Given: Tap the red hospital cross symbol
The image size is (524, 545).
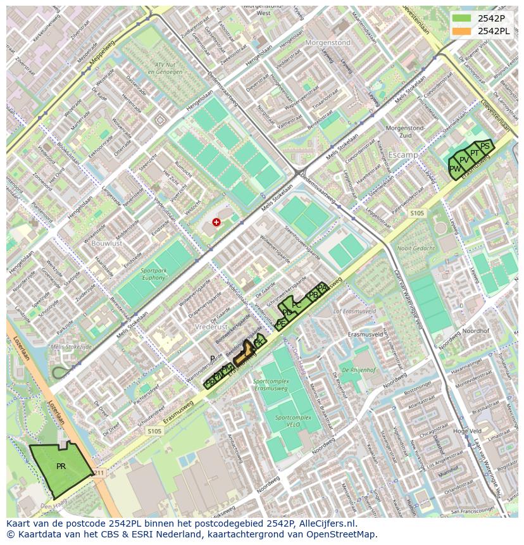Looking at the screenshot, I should pyautogui.click(x=217, y=222).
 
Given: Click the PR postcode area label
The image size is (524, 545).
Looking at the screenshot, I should pyautogui.click(x=61, y=467).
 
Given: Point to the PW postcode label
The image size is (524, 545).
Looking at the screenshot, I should pyautogui.click(x=454, y=169).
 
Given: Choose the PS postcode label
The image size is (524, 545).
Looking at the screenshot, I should pyautogui.click(x=484, y=146).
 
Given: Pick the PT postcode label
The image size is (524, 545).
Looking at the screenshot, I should pyautogui.click(x=474, y=153).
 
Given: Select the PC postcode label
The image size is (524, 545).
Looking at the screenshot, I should pyautogui.click(x=296, y=305).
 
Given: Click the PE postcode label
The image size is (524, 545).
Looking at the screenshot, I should pyautogui.click(x=281, y=323).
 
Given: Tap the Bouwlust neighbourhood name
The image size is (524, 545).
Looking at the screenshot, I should pyautogui.click(x=106, y=242).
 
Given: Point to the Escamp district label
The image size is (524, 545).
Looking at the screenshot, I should pyautogui.click(x=403, y=154).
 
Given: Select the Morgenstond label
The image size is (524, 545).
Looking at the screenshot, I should pyautogui.click(x=327, y=43).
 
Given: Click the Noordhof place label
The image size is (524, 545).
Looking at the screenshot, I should pyautogui.click(x=476, y=331).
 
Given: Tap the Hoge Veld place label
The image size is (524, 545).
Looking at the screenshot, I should pyautogui.click(x=467, y=431).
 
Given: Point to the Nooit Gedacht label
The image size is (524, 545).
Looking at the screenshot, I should pyautogui.click(x=416, y=249).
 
